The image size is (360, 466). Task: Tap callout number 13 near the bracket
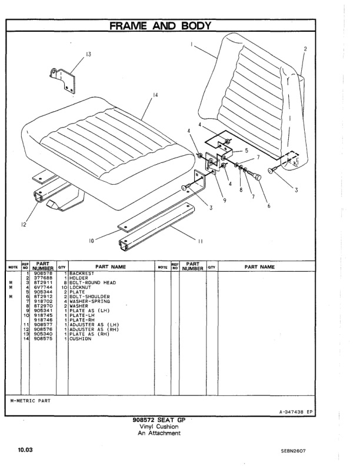88,54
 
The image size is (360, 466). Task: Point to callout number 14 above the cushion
155,95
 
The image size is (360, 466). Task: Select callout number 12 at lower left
24,224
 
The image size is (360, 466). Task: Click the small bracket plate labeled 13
64,79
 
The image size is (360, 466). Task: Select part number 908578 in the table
44,274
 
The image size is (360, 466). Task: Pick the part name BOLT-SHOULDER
88,297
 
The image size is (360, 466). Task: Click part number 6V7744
44,288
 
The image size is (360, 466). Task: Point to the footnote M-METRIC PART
31,400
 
